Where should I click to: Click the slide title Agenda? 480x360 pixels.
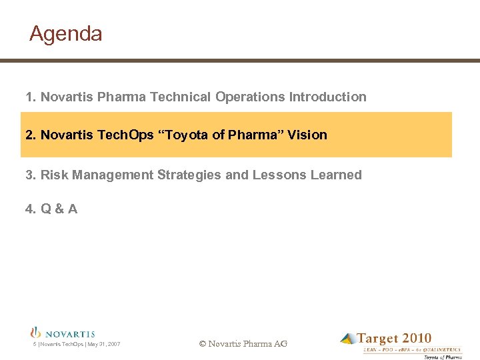(66, 34)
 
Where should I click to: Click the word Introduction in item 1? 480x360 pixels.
(327, 97)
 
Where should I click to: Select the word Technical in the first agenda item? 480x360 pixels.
(180, 97)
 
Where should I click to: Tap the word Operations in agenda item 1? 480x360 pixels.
(250, 97)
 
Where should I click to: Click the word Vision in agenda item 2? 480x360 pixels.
(307, 135)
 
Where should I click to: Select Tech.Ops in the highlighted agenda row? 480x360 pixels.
(125, 135)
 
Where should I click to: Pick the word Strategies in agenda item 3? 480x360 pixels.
(189, 175)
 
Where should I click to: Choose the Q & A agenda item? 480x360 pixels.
(51, 209)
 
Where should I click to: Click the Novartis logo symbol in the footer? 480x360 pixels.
(36, 332)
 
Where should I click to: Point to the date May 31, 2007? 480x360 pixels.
(104, 344)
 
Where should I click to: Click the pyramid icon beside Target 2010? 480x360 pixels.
(348, 339)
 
